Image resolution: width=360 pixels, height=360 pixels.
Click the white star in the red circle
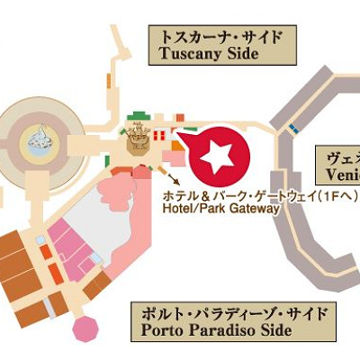[216, 157]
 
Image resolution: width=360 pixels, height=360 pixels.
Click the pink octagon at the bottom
[85, 328]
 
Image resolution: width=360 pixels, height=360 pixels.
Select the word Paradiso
[217, 331]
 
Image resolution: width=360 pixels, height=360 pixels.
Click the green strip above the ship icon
[137, 114]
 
